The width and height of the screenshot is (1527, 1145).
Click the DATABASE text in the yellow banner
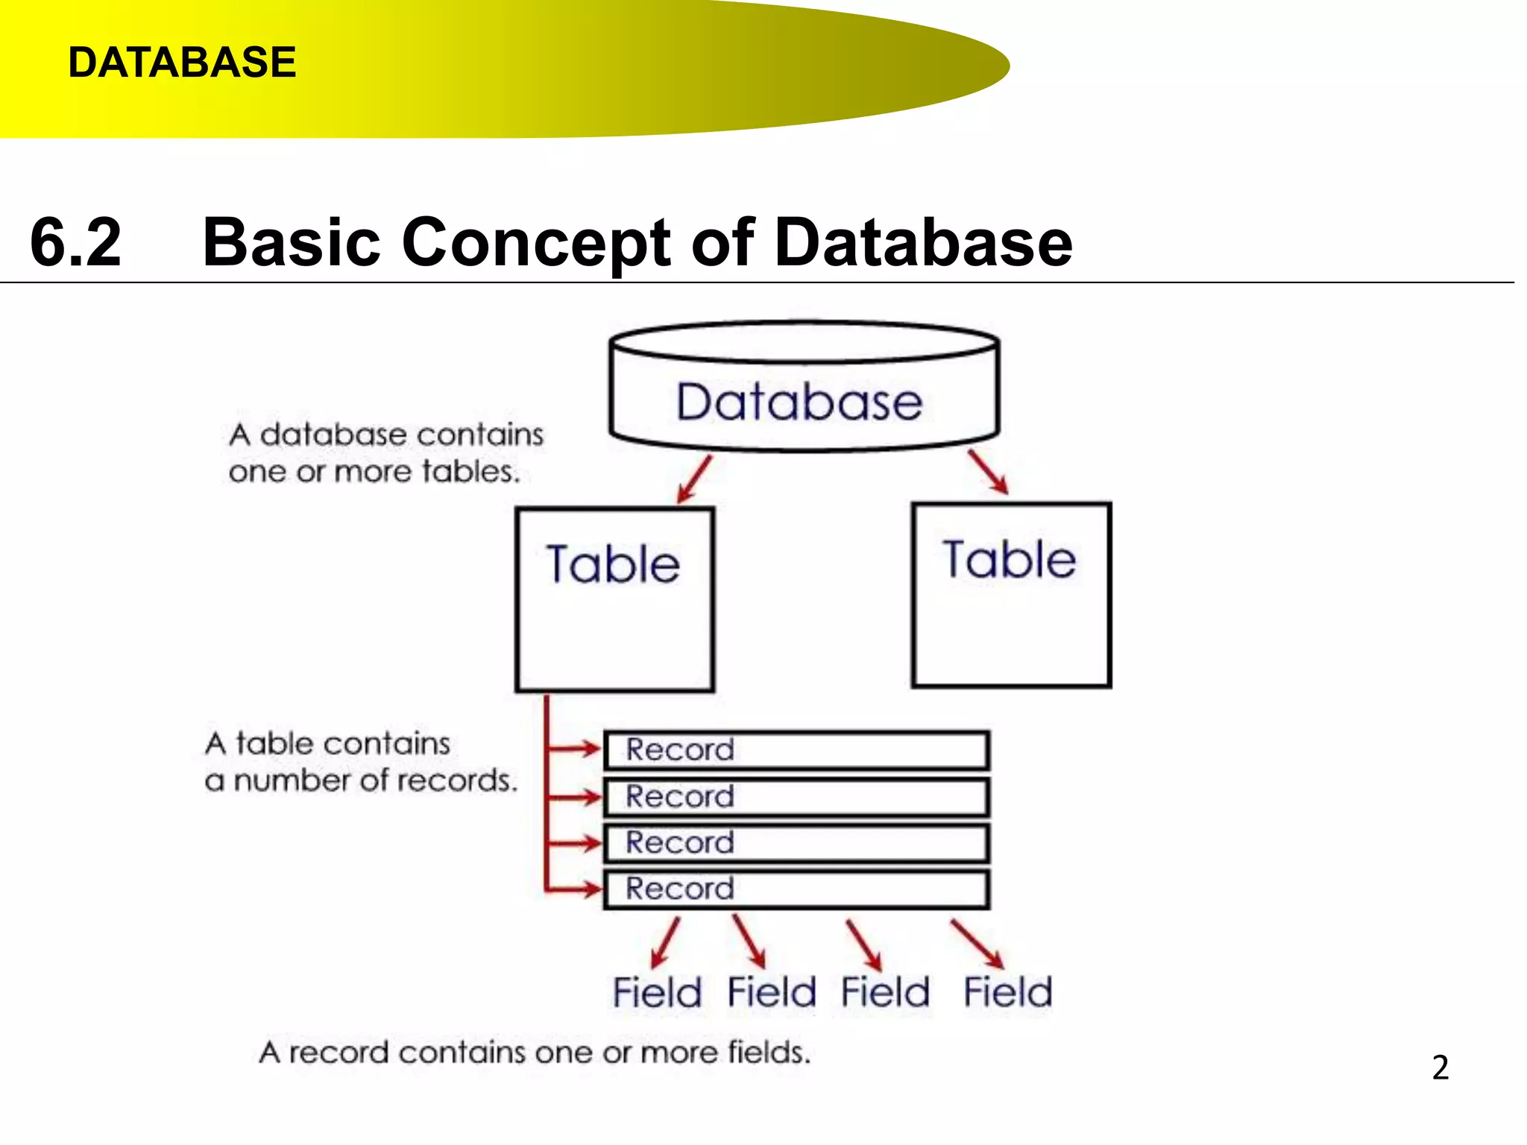tap(182, 62)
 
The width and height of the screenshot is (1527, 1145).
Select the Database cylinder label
tap(799, 403)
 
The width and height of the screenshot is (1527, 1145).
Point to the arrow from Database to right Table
tap(989, 471)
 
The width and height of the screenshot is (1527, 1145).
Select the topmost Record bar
tap(796, 750)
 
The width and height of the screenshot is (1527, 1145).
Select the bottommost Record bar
tap(796, 889)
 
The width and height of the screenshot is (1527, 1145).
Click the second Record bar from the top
tap(796, 797)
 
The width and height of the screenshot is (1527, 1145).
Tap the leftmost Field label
tap(657, 992)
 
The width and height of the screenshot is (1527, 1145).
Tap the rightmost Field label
tap(1007, 992)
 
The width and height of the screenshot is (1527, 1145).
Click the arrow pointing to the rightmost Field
tap(977, 944)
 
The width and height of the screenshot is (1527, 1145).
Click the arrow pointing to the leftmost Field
tap(665, 942)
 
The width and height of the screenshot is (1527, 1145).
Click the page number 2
tap(1440, 1067)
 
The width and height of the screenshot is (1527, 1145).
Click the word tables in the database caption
tap(470, 471)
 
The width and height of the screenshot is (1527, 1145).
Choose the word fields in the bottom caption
tap(768, 1052)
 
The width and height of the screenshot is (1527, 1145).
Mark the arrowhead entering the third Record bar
tap(594, 843)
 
